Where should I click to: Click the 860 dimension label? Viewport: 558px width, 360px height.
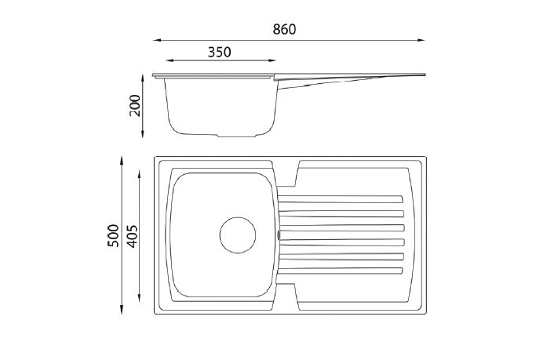coord(284,29)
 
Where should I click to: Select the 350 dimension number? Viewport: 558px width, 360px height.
coord(219,53)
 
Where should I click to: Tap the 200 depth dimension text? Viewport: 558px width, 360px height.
coord(135,105)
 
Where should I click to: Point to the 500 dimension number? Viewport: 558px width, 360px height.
coord(113,235)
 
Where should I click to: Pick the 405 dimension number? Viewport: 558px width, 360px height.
coord(132,236)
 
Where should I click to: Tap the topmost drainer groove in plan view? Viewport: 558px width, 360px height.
coord(341,199)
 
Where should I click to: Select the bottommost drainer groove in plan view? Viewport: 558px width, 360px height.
coord(341,271)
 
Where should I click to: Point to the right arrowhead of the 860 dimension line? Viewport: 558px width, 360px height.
coord(421,40)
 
